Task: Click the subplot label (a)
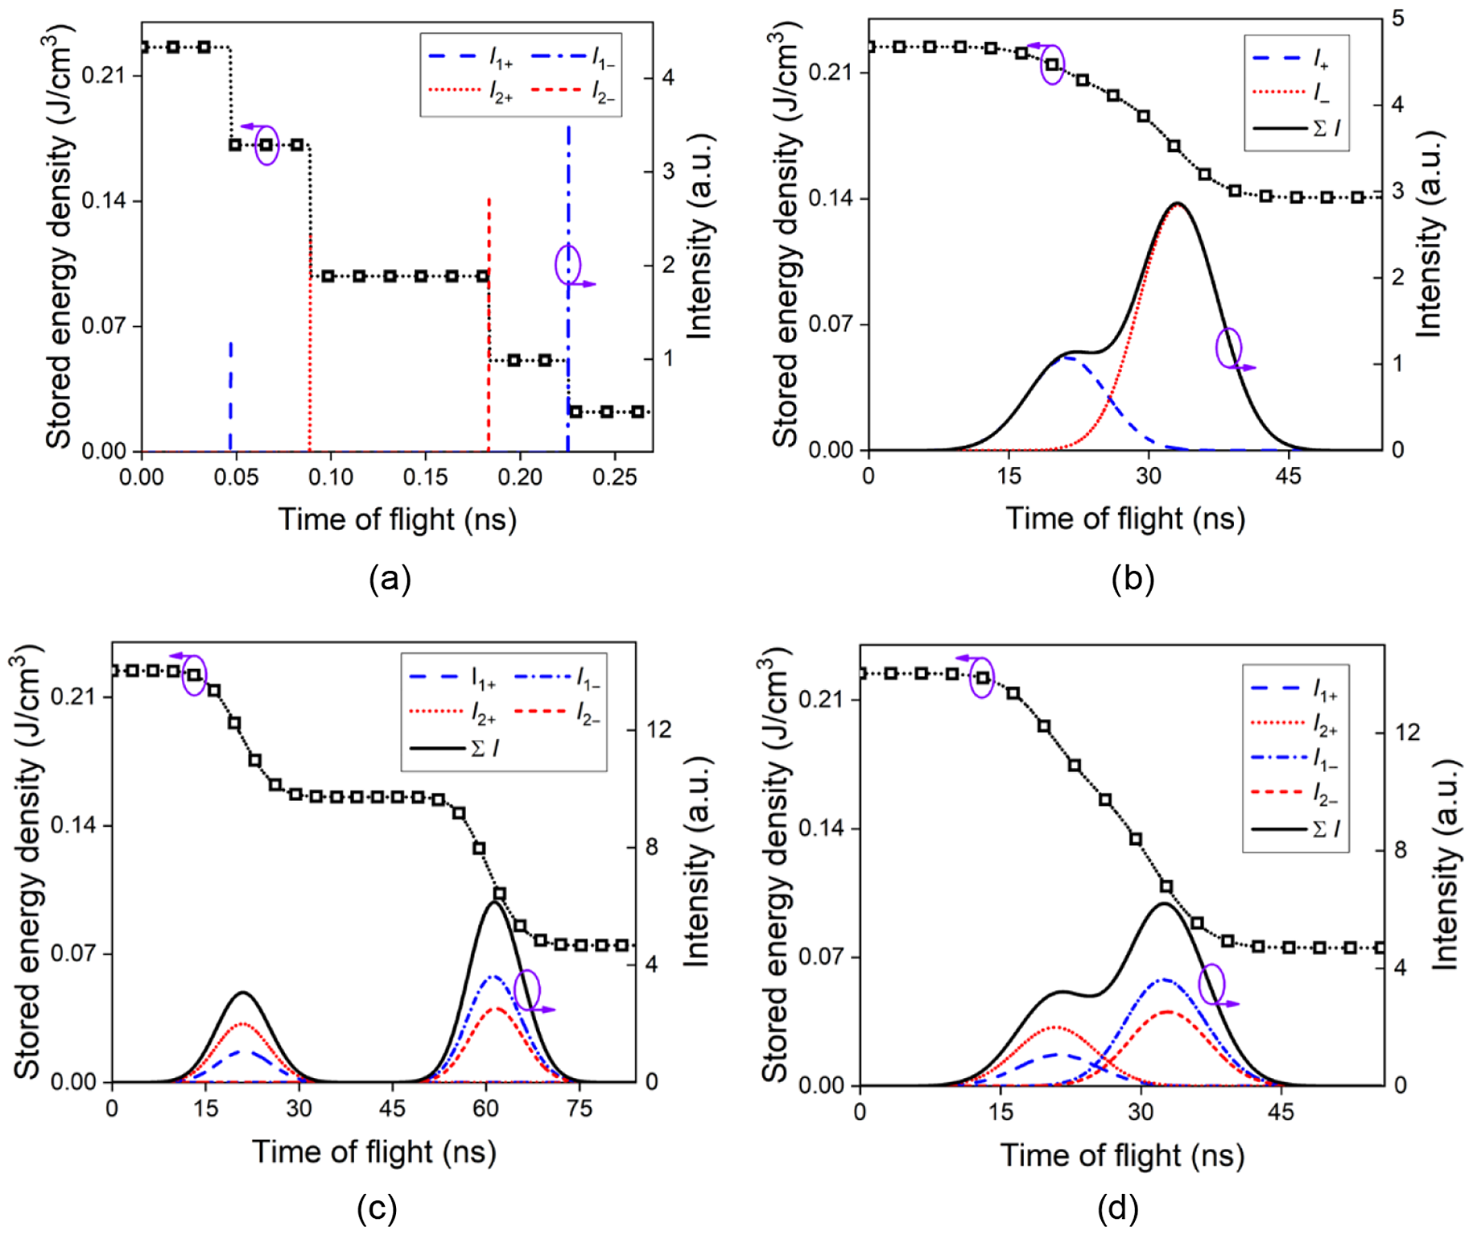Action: coord(390,579)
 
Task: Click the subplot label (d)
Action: coord(1117,1208)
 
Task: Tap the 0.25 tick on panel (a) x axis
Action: coord(614,477)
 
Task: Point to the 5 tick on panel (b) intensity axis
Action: coord(1398,18)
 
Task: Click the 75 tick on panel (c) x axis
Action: coord(579,1109)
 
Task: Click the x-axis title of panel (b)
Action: coord(1124,518)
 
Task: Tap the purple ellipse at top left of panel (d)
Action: coord(982,677)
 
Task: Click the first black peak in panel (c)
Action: coord(243,993)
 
